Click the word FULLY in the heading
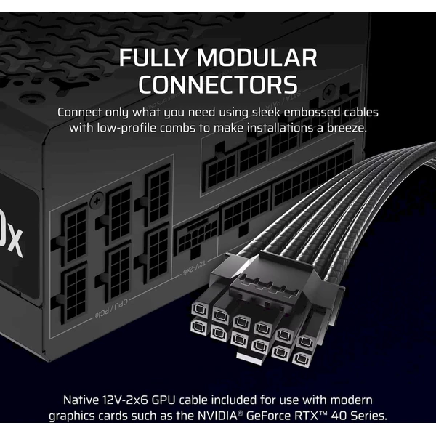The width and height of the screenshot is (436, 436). pyautogui.click(x=155, y=57)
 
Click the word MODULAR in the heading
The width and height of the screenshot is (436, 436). pyautogui.click(x=257, y=57)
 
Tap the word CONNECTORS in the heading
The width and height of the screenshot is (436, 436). pyautogui.click(x=218, y=84)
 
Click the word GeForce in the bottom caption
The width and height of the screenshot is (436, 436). pyautogui.click(x=267, y=416)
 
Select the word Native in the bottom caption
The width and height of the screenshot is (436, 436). pyautogui.click(x=81, y=400)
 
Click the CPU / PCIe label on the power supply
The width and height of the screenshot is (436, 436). pyautogui.click(x=111, y=308)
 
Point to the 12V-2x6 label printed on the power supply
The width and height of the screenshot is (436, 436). pyautogui.click(x=194, y=267)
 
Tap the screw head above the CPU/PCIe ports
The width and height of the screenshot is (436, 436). pyautogui.click(x=96, y=201)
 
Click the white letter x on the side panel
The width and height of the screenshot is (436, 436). pyautogui.click(x=14, y=243)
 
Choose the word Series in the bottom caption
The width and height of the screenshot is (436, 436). pyautogui.click(x=368, y=416)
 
